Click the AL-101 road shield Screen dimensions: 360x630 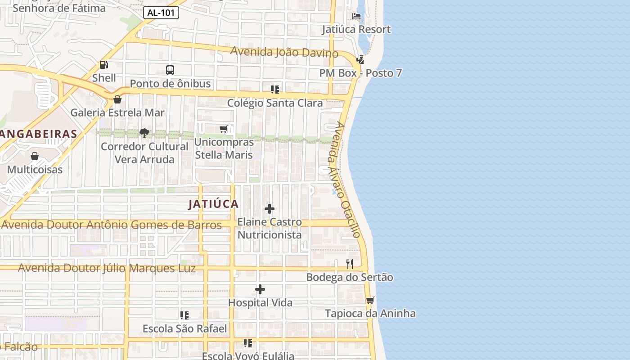pos(161,13)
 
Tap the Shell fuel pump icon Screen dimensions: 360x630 pos(104,65)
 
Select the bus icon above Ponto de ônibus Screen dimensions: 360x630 pos(170,70)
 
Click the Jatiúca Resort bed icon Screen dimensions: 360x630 pos(356,16)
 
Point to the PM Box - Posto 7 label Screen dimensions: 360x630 pos(360,73)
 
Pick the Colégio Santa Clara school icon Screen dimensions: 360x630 pos(275,90)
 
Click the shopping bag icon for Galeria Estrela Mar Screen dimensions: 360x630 pos(117,99)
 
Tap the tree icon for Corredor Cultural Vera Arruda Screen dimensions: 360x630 pos(144,133)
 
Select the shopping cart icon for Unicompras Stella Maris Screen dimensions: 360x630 pos(224,129)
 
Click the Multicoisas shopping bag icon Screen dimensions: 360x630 pos(35,157)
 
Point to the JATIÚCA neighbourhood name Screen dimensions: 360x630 pos(213,204)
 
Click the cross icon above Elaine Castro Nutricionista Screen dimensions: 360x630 pos(270,209)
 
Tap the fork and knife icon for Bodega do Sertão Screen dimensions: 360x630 pos(350,264)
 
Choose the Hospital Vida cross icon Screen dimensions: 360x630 pos(260,289)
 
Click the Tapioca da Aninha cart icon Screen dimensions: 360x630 pos(370,300)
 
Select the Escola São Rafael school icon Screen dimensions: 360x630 pos(184,315)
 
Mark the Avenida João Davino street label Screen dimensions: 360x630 pos(284,52)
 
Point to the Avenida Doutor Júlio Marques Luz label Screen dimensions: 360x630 pos(107,268)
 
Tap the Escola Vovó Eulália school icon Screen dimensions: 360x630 pos(248,343)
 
